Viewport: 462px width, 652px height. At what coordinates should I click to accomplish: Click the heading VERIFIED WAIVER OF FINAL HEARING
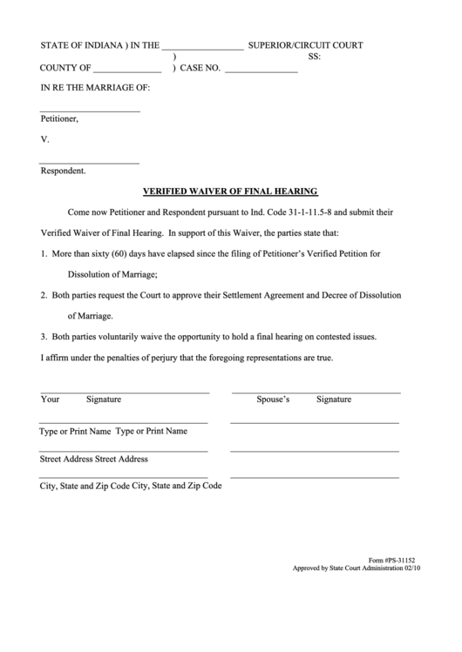[x=230, y=191]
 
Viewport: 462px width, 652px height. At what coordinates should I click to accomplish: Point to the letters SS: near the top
[x=315, y=57]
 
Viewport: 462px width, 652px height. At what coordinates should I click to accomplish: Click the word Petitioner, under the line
[x=59, y=118]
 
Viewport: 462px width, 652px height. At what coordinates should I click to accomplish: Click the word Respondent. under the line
[x=63, y=171]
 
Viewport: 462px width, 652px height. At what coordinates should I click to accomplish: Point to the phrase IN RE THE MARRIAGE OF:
[x=96, y=88]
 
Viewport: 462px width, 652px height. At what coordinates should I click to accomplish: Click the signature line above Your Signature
[x=125, y=393]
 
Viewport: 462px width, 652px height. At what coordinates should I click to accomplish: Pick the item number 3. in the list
[x=44, y=336]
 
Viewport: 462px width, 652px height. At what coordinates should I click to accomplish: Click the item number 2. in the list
[x=44, y=295]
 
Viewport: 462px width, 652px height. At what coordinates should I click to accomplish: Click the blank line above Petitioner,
[x=90, y=111]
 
